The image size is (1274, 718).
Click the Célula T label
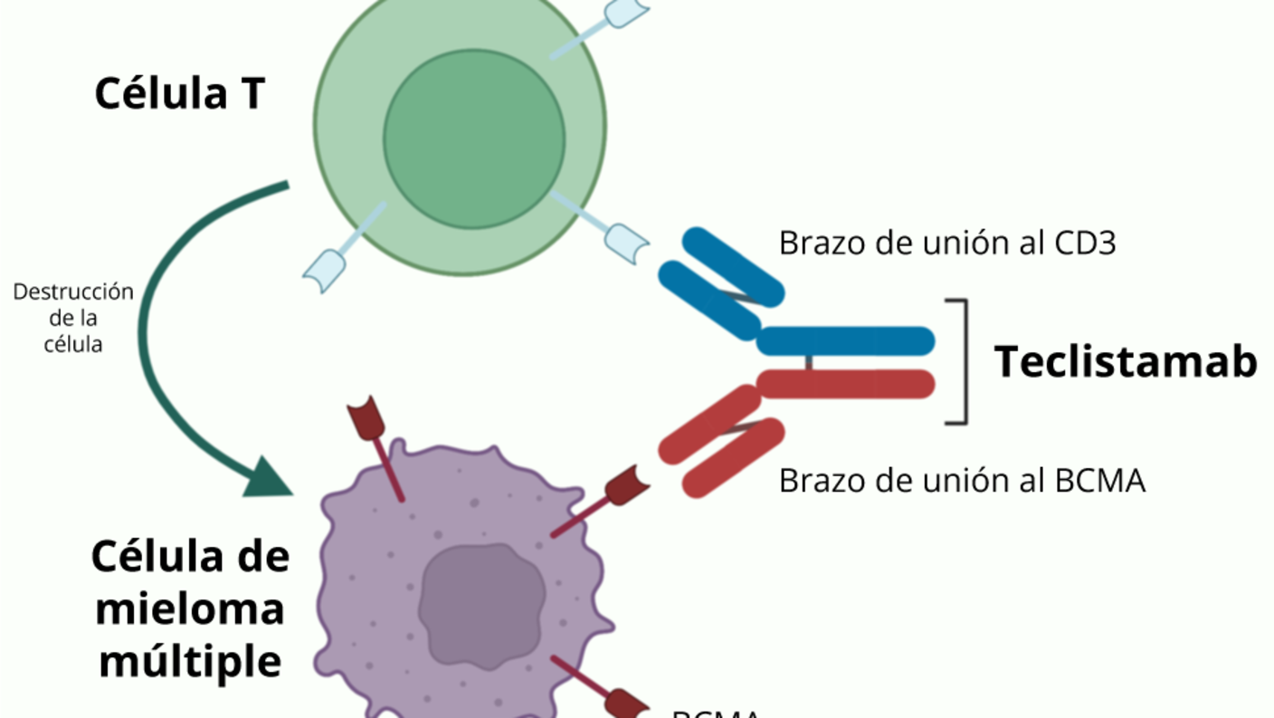point(179,93)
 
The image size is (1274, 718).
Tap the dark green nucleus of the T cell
point(474,139)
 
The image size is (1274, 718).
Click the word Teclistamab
point(1126,361)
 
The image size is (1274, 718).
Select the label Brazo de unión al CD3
point(946,243)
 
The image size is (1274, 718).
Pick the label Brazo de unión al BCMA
point(962,480)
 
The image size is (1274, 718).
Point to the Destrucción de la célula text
point(73,318)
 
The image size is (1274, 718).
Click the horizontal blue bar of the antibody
point(846,340)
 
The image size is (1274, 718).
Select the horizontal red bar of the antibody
point(846,384)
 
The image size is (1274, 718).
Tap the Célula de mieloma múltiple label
point(190,609)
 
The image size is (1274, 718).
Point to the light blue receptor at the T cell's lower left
point(325,269)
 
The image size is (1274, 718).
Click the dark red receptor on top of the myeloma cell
point(366,419)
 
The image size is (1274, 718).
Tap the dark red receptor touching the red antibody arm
point(626,485)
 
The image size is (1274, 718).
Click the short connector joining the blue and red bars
point(809,362)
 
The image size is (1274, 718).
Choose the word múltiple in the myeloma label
point(190,662)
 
